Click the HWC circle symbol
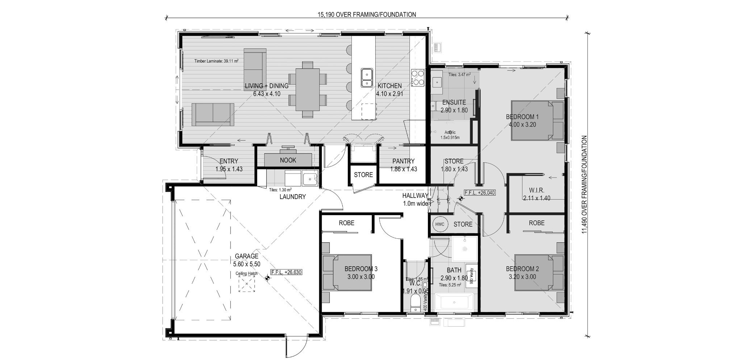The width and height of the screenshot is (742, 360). click(x=439, y=224)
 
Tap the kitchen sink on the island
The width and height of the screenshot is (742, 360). click(x=367, y=78)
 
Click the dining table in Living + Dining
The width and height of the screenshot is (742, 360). click(x=308, y=90)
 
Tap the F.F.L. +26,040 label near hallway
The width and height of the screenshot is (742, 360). click(x=480, y=193)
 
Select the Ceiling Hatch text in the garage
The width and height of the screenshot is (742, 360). click(x=247, y=273)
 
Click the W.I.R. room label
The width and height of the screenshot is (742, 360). click(x=537, y=190)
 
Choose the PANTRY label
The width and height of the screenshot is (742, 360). click(x=403, y=161)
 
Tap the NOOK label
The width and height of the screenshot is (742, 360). click(x=288, y=160)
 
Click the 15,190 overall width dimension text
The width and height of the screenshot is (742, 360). click(x=367, y=15)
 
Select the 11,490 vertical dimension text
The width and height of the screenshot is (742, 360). click(x=584, y=185)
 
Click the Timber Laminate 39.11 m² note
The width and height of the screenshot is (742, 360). click(x=216, y=61)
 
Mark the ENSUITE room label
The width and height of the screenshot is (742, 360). click(x=454, y=102)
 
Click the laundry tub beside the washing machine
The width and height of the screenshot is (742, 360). click(x=310, y=179)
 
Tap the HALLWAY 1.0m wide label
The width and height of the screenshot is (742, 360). click(x=415, y=200)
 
